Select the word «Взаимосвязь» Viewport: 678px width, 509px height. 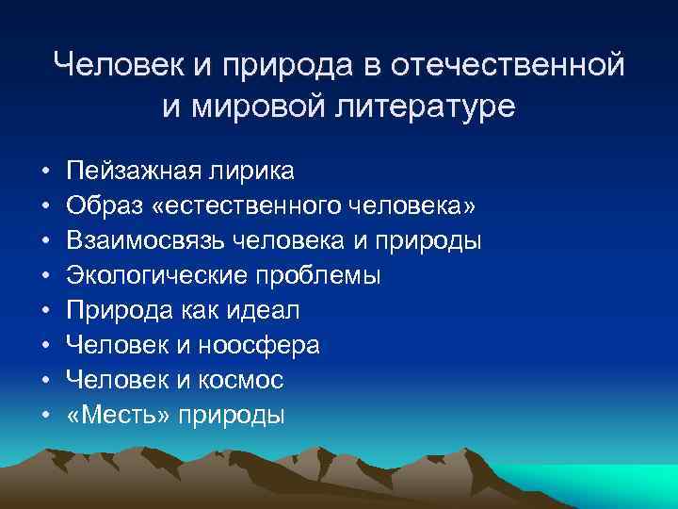point(142,240)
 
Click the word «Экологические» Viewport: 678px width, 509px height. point(150,275)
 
